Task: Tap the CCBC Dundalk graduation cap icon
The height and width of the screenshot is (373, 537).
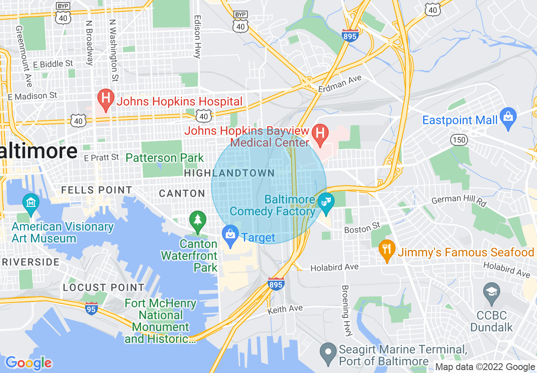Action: (x=491, y=292)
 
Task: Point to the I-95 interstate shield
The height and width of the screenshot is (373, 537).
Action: (x=91, y=309)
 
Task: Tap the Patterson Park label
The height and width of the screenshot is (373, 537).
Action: (x=165, y=158)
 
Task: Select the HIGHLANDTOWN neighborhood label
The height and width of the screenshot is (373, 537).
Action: (x=229, y=173)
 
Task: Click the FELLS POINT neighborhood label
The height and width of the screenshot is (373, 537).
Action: (x=97, y=190)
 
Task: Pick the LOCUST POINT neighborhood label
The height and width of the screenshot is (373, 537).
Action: (x=103, y=287)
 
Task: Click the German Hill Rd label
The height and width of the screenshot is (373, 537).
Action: (x=459, y=200)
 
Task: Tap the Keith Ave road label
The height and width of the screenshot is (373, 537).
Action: (x=285, y=310)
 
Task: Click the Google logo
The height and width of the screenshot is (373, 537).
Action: (x=28, y=363)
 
